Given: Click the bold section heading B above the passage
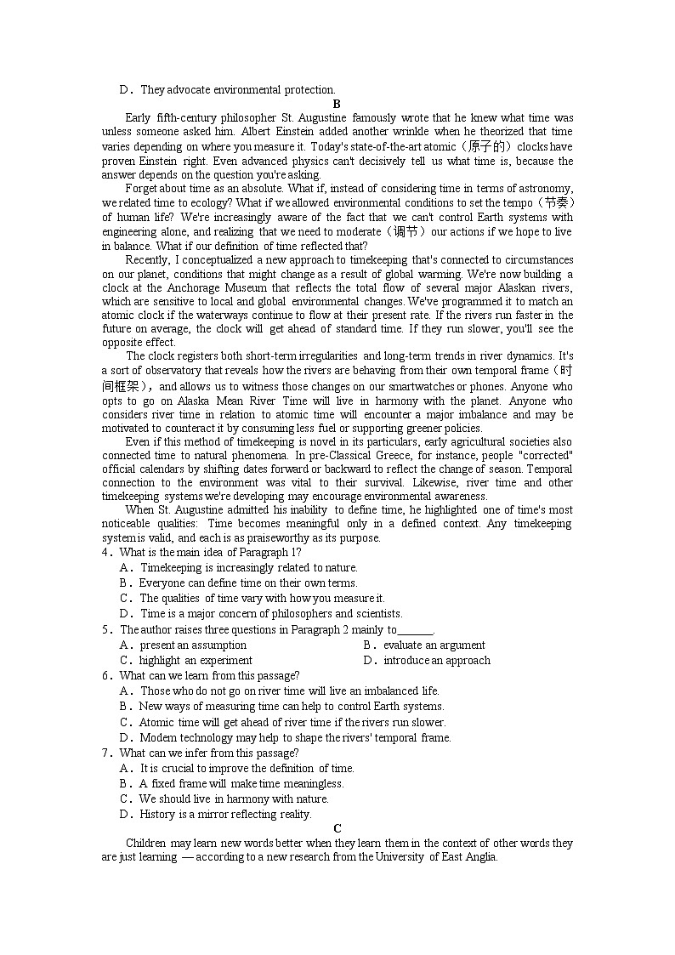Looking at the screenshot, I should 337,104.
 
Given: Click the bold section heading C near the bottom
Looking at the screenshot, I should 337,828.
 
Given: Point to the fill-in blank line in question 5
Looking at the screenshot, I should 415,630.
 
